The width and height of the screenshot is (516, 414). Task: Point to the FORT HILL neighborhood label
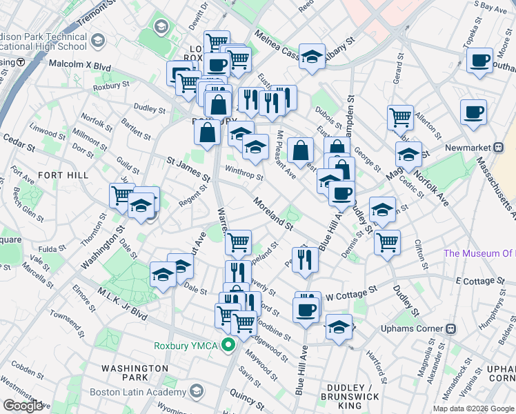63,175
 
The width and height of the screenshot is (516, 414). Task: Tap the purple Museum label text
479,253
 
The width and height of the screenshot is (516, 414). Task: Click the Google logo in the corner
23,406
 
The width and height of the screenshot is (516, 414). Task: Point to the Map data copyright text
473,408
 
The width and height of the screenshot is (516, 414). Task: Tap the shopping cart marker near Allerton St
400,117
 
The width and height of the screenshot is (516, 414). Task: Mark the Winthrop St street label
243,172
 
